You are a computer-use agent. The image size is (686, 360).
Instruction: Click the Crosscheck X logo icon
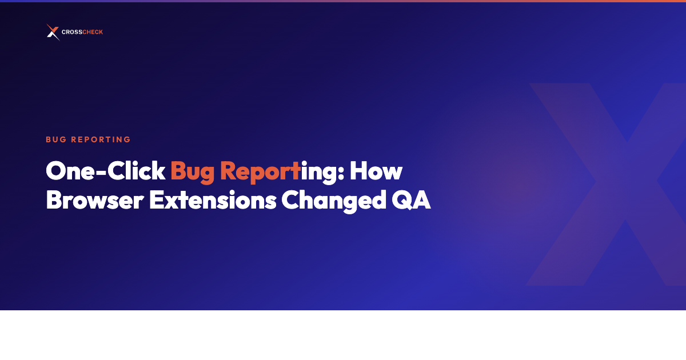(53, 32)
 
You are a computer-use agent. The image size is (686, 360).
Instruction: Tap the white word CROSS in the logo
(71, 33)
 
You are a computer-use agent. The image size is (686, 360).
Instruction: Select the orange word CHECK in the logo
(93, 33)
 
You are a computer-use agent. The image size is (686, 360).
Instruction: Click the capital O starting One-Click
(55, 171)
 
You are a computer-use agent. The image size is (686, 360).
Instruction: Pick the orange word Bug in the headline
(192, 172)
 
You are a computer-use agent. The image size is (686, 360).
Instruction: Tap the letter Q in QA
(404, 201)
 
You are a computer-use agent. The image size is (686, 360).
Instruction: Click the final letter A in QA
(422, 200)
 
